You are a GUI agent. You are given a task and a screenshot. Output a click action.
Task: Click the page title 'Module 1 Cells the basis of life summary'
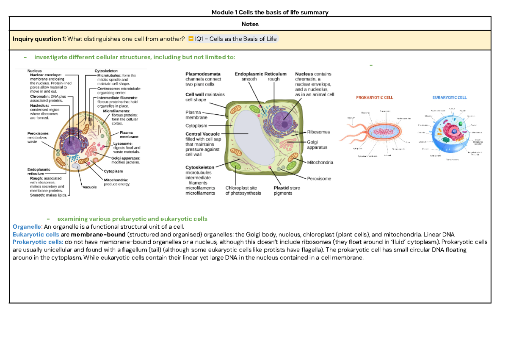(270, 12)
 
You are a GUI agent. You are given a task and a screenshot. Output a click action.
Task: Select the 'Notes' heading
(250, 24)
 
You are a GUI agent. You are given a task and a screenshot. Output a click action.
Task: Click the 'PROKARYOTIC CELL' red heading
(374, 97)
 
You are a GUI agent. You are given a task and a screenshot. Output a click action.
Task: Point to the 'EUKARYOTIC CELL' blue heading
(449, 97)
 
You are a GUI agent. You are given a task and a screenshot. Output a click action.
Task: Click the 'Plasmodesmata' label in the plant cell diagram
(202, 74)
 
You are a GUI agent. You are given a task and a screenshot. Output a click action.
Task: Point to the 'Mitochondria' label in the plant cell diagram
(320, 162)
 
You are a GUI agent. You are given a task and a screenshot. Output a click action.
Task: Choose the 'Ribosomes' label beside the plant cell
(318, 132)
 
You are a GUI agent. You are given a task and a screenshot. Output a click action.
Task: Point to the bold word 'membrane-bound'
(98, 234)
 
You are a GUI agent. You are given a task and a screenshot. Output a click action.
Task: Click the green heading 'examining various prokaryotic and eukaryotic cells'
(132, 219)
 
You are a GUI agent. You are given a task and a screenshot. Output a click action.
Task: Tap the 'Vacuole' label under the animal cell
(90, 187)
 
